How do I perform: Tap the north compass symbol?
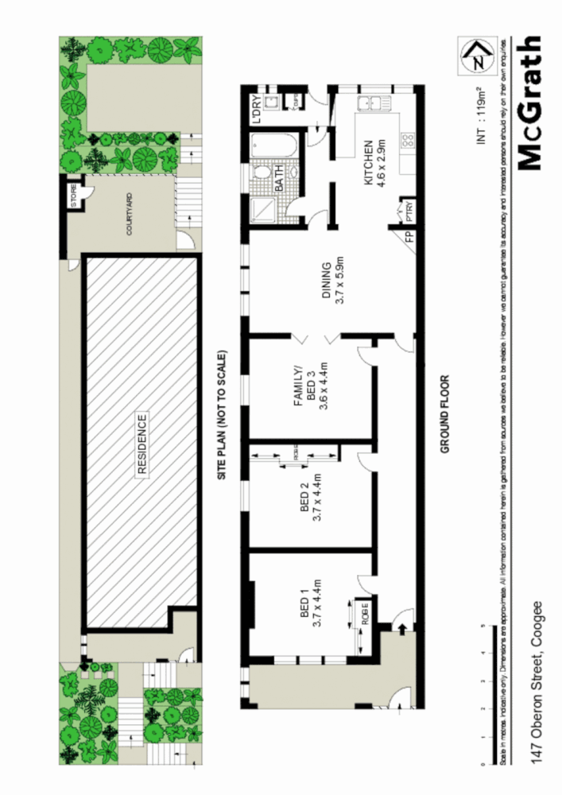(x=476, y=56)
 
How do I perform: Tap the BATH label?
(x=280, y=184)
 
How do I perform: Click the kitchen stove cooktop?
(x=408, y=142)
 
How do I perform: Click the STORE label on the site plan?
(x=75, y=196)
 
